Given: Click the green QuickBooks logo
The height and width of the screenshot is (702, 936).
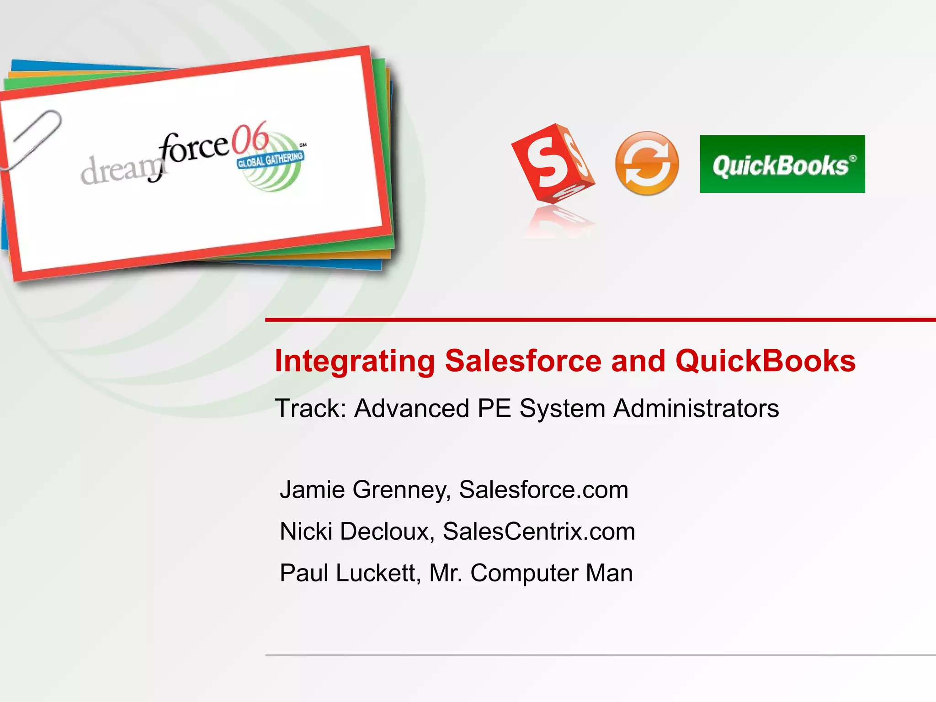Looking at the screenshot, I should [782, 164].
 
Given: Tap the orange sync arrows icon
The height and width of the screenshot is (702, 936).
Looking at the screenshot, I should [647, 164].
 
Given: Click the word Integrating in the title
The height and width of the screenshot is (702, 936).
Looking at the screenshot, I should [355, 361].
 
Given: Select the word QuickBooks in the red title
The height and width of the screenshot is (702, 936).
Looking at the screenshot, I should [765, 361].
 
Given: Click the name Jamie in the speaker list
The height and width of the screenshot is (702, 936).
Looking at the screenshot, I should [312, 490].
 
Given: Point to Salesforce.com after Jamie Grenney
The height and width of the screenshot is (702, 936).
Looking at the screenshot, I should [543, 490].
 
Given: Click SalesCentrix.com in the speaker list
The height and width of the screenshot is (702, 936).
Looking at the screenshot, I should [539, 532].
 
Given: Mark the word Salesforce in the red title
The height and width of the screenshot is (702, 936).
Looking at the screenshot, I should [523, 361].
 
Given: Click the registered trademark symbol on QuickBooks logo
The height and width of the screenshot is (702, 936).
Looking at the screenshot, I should [853, 158].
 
